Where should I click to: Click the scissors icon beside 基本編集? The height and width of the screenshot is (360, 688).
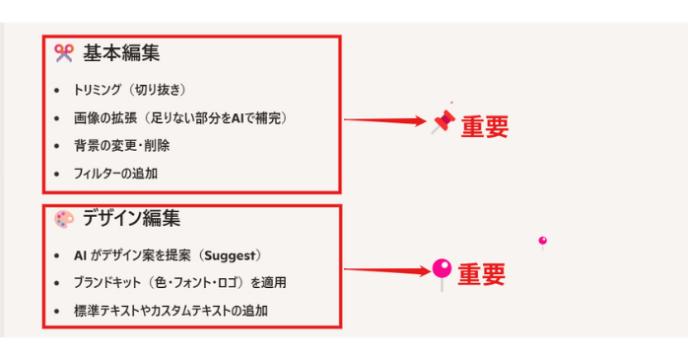(63, 53)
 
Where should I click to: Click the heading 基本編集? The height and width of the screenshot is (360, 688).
(120, 53)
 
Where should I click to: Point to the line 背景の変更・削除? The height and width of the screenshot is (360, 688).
(121, 145)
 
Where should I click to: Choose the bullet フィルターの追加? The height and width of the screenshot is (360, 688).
(115, 173)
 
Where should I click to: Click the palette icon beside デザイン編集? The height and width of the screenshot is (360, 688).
(63, 219)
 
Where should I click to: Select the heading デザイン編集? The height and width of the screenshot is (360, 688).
(131, 219)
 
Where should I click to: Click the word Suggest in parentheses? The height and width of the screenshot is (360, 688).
(229, 255)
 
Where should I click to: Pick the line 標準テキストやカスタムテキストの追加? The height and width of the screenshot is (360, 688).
(171, 311)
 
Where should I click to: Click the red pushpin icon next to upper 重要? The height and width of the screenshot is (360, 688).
(444, 121)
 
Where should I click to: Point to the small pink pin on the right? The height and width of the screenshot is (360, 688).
(542, 241)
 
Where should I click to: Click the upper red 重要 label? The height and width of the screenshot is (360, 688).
(485, 126)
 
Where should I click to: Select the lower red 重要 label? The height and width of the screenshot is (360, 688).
(482, 273)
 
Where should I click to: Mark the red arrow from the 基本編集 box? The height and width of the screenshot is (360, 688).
(384, 121)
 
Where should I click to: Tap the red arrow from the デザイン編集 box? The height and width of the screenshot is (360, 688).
(384, 269)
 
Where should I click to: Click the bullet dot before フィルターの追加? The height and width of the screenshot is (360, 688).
(57, 174)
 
